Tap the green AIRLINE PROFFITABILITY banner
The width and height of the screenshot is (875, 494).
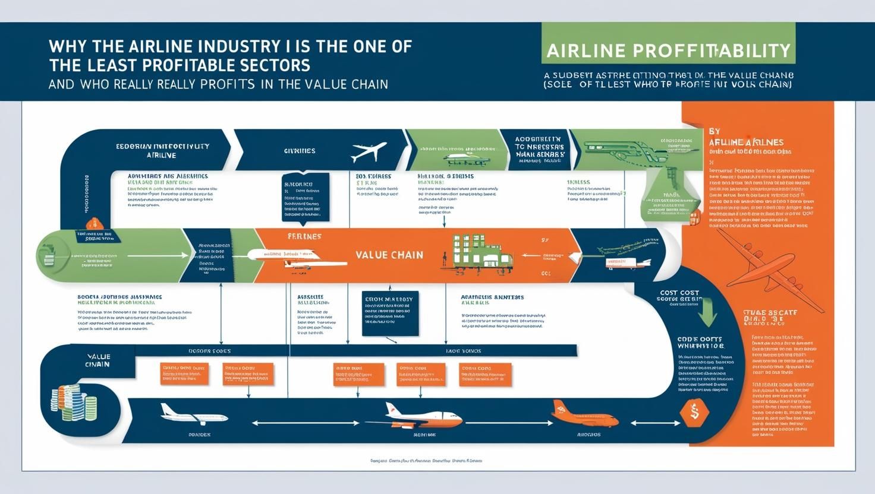[668, 50]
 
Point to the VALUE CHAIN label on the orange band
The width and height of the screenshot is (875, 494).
[389, 255]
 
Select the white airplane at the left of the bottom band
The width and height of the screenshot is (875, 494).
[193, 414]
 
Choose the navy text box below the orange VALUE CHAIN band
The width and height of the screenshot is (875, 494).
[390, 313]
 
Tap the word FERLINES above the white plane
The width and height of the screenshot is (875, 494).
[304, 236]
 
